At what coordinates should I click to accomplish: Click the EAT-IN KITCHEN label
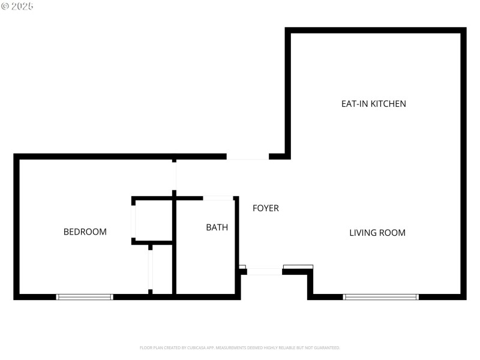[373, 104]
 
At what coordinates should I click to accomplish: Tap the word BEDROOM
[85, 232]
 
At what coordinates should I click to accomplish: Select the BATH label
[217, 227]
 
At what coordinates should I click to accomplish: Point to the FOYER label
[265, 208]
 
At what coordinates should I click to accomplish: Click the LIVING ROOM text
[377, 233]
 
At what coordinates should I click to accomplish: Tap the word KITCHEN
[388, 104]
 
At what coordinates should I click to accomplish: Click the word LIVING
[363, 233]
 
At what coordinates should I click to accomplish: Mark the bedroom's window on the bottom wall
[85, 296]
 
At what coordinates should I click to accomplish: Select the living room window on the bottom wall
[380, 296]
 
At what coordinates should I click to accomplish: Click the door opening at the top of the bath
[218, 197]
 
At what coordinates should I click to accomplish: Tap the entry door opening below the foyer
[264, 272]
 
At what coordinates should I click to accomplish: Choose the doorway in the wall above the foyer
[247, 157]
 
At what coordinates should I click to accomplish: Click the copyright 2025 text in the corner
[17, 6]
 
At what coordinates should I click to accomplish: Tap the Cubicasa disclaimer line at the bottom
[240, 347]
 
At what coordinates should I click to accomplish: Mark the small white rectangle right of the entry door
[298, 267]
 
